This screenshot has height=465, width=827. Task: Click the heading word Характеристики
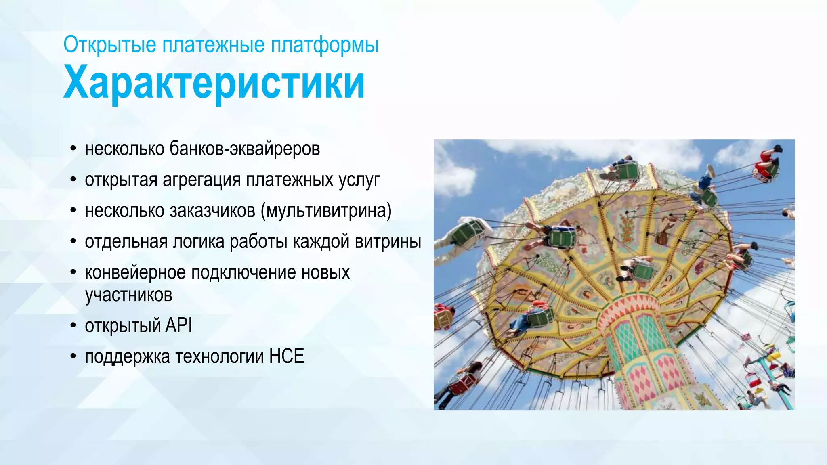coord(214,83)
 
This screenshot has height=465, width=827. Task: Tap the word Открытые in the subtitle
coord(109,44)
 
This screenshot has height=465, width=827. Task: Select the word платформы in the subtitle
coord(325,44)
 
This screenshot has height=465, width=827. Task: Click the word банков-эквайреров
coord(245,149)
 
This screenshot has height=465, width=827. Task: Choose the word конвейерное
coord(135,273)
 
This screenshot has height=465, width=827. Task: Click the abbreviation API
coord(178,325)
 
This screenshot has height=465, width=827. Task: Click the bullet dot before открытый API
coord(73,325)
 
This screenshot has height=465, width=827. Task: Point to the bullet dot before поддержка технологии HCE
coord(73,356)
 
